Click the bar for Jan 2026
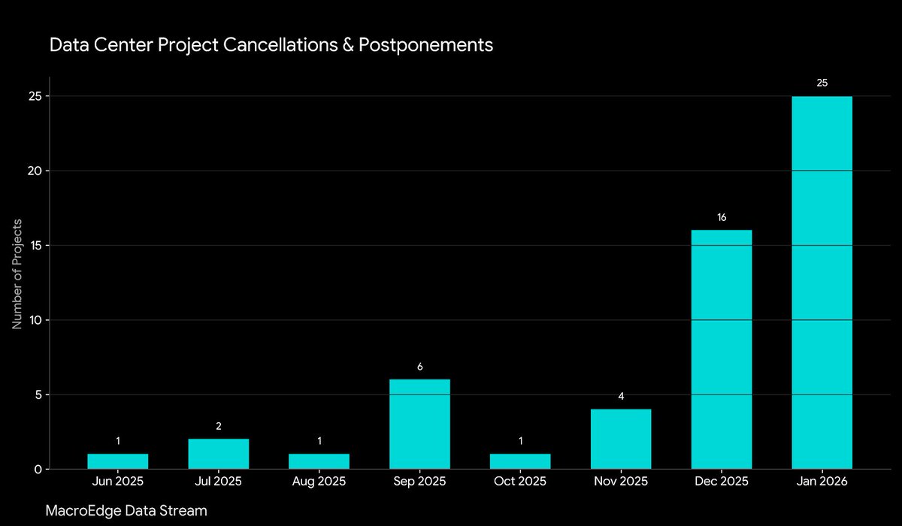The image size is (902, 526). pos(822,283)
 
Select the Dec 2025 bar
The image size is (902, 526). pos(721,349)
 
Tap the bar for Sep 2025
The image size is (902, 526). pos(419,424)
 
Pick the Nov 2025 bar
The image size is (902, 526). pos(621,439)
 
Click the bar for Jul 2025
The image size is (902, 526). pos(218,454)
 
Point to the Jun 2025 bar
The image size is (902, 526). pos(117,461)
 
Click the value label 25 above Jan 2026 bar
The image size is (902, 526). pos(822,83)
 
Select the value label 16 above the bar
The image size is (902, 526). pos(721,217)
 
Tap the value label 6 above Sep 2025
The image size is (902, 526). pos(419,367)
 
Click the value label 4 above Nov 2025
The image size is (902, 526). pos(621,396)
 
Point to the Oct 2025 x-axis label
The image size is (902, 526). pos(520,482)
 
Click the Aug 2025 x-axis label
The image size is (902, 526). pos(319,482)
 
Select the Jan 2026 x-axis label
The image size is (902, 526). pos(822,482)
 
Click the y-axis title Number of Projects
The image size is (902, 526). pos(17,274)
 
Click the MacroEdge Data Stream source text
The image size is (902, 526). pos(126,510)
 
